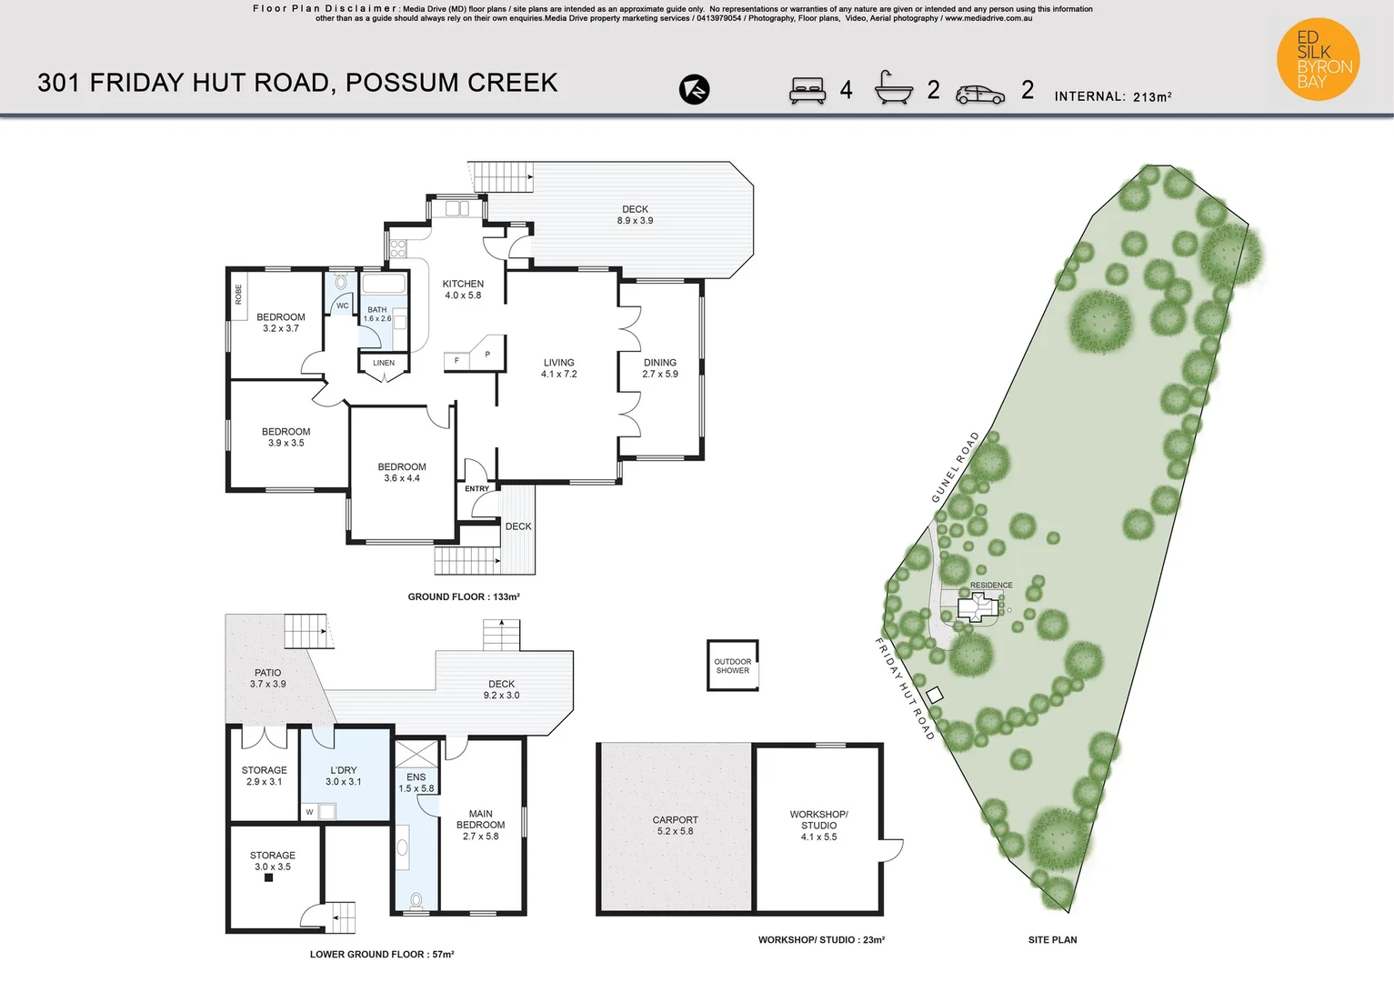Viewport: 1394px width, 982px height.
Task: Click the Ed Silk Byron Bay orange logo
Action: point(1318,59)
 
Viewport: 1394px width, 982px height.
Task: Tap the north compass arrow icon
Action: point(694,89)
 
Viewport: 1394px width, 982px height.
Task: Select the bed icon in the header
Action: point(807,90)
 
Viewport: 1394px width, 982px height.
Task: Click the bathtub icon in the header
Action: point(893,88)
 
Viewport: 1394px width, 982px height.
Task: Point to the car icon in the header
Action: point(980,94)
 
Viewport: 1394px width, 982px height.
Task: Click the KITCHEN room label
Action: point(463,289)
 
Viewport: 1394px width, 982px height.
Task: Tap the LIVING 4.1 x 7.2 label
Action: point(558,368)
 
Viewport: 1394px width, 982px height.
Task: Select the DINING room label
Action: point(660,368)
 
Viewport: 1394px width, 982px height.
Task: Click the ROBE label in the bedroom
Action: point(239,295)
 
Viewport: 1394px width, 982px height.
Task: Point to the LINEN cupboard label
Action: point(384,363)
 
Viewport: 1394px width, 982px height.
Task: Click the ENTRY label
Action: point(476,489)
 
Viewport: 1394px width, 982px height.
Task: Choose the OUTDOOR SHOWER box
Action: point(733,666)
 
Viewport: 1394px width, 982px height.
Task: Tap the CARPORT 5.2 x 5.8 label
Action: point(675,826)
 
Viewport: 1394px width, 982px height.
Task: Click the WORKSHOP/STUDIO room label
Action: point(818,826)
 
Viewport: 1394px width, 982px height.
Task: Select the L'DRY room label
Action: point(344,776)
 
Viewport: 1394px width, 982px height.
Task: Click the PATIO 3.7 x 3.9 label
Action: point(267,678)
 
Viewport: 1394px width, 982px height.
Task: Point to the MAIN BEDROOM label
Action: point(480,825)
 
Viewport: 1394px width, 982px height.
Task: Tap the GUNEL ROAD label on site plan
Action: point(956,467)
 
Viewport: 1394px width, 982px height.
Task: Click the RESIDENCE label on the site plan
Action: point(991,586)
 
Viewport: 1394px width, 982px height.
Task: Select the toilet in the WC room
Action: point(341,283)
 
